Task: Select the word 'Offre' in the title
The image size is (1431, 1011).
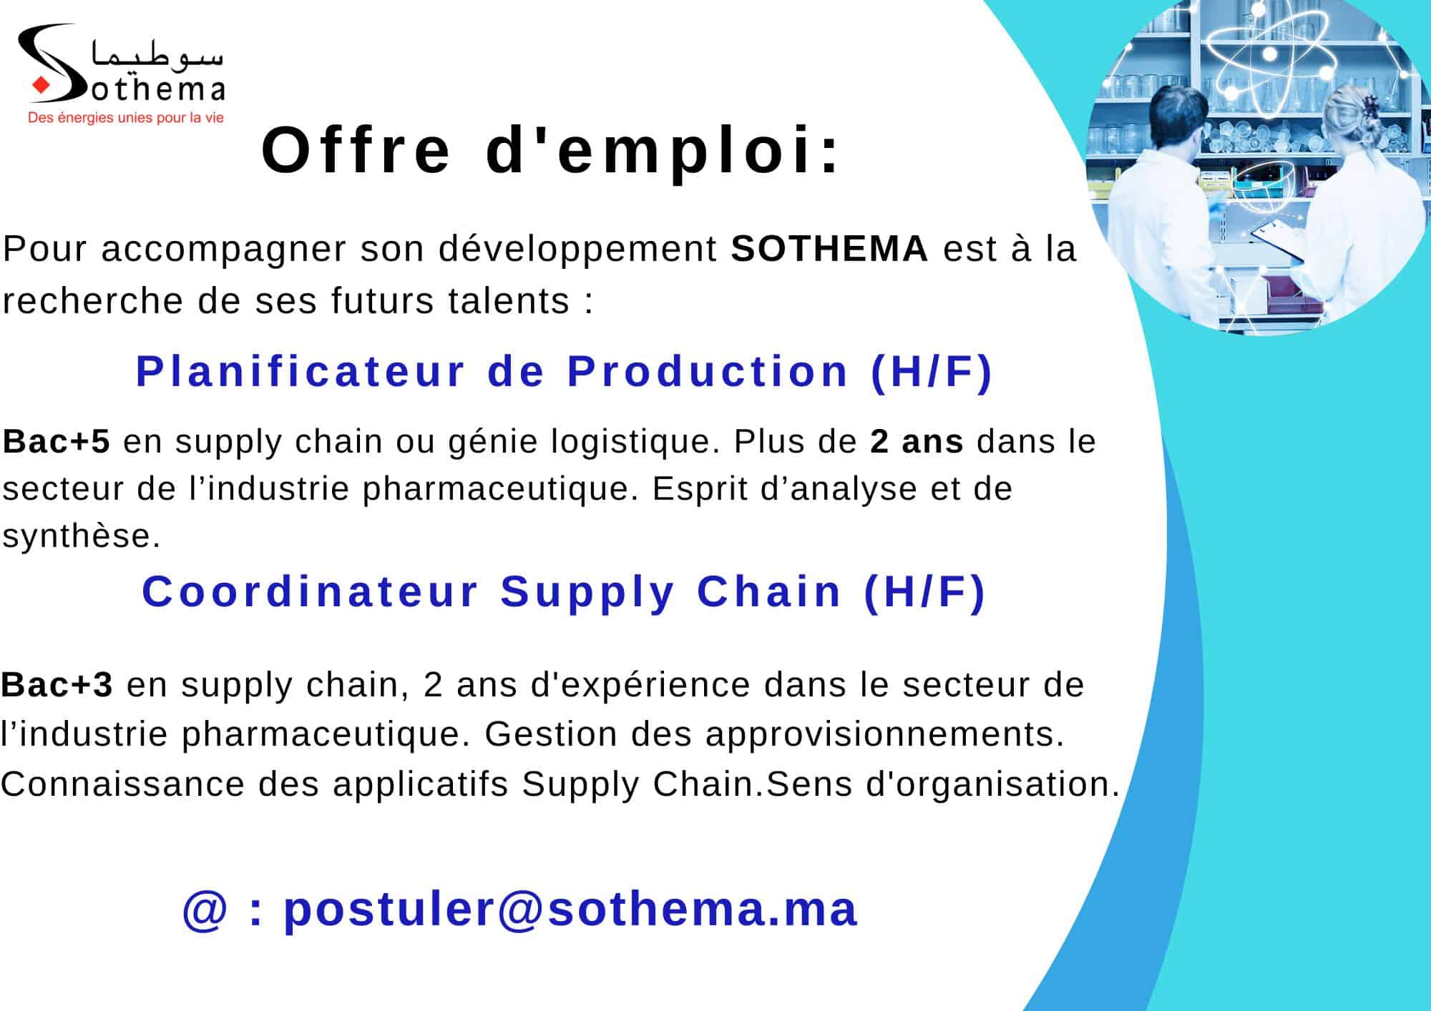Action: tap(356, 150)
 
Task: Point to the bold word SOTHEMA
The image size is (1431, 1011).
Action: tap(829, 249)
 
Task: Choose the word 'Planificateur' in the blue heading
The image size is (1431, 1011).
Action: tap(301, 371)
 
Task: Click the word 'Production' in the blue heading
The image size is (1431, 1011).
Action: tap(708, 371)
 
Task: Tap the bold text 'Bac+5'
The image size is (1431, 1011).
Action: tap(57, 441)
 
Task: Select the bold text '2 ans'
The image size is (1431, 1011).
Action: tap(917, 441)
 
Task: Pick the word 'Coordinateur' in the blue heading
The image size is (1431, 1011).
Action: tap(310, 592)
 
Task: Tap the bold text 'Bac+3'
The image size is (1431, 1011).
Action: tap(57, 684)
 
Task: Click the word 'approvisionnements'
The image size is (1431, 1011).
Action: tap(880, 734)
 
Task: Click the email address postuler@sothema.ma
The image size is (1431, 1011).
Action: tap(570, 909)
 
